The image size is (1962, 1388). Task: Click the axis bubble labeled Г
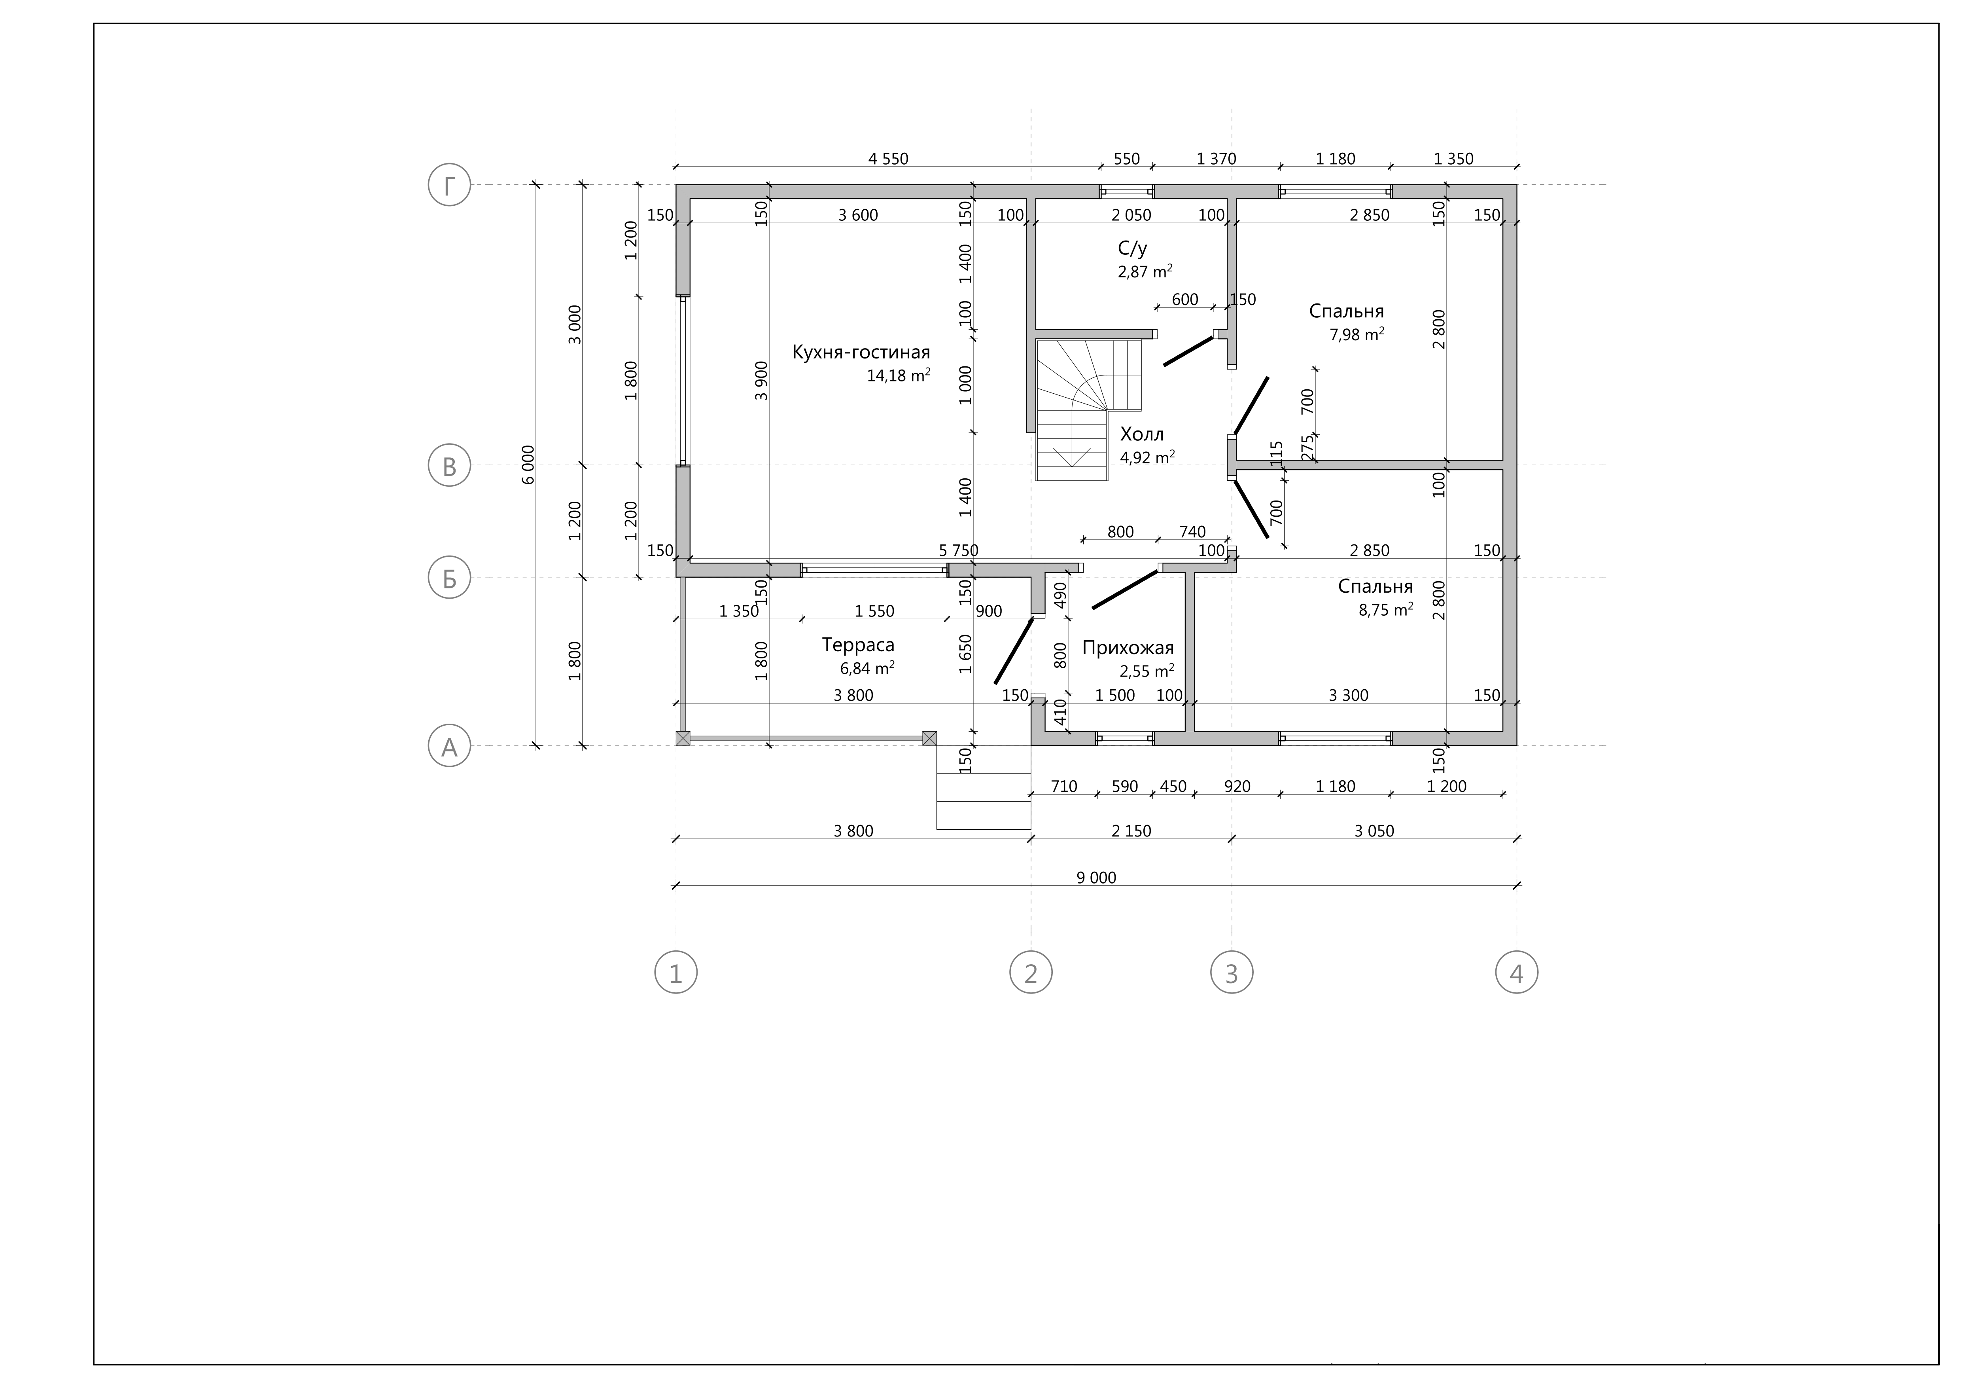(x=450, y=185)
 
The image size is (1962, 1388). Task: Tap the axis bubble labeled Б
(x=450, y=578)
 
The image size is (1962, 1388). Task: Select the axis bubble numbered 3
(x=1232, y=973)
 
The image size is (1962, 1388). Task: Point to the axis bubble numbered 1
(x=676, y=973)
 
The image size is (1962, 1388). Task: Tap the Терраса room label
(x=858, y=645)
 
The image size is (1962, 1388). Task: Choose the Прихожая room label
(x=1128, y=648)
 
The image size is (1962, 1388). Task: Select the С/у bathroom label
(x=1132, y=249)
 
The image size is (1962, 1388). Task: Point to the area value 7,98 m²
(x=1357, y=334)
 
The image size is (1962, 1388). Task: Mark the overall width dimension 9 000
(x=1096, y=878)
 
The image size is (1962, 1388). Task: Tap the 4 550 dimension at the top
(x=888, y=159)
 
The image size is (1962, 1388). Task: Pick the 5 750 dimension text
(x=958, y=550)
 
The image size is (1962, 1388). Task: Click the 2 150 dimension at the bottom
(x=1131, y=831)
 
